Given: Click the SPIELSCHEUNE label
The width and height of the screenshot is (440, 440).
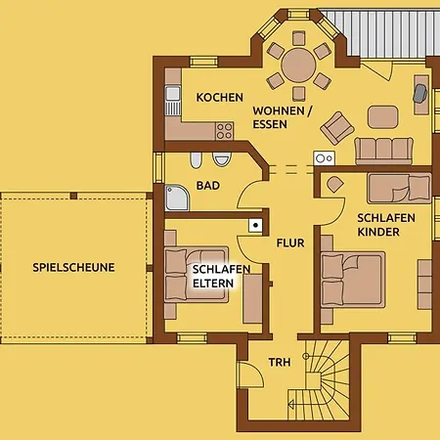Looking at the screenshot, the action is [x=73, y=268].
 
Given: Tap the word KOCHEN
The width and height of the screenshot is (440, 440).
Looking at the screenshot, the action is [x=220, y=98].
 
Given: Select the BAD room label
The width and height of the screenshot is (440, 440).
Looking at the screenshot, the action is [x=208, y=186].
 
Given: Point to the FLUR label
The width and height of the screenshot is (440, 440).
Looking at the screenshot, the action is [x=290, y=242].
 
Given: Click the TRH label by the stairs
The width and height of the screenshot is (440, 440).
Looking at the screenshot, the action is [x=280, y=362].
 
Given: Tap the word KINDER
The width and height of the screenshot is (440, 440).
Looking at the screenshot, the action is [x=378, y=232].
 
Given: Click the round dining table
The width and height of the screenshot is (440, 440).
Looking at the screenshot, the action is [x=298, y=66].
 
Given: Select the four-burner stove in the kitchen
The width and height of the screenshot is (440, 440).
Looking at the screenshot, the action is [x=225, y=131].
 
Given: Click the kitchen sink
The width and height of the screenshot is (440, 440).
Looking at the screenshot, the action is [x=173, y=101].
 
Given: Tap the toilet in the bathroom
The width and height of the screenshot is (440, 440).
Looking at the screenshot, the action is [x=222, y=158].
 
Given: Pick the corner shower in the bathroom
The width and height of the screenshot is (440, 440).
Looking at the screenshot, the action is [x=177, y=198].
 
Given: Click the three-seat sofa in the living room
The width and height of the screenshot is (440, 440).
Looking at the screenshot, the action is [x=384, y=151].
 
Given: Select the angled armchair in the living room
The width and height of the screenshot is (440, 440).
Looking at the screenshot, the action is [x=337, y=128].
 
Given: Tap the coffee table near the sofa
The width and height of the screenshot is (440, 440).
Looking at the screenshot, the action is [x=383, y=116].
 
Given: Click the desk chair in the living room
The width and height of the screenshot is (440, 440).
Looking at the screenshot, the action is [x=420, y=93].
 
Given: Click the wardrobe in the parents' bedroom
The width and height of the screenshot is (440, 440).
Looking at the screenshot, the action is [x=252, y=299].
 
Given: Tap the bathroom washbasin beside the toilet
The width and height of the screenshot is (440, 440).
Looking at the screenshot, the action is [x=196, y=159].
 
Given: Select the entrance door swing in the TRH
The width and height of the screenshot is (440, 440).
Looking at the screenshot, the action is [x=250, y=374].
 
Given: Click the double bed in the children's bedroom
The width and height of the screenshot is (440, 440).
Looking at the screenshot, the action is [x=353, y=280].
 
